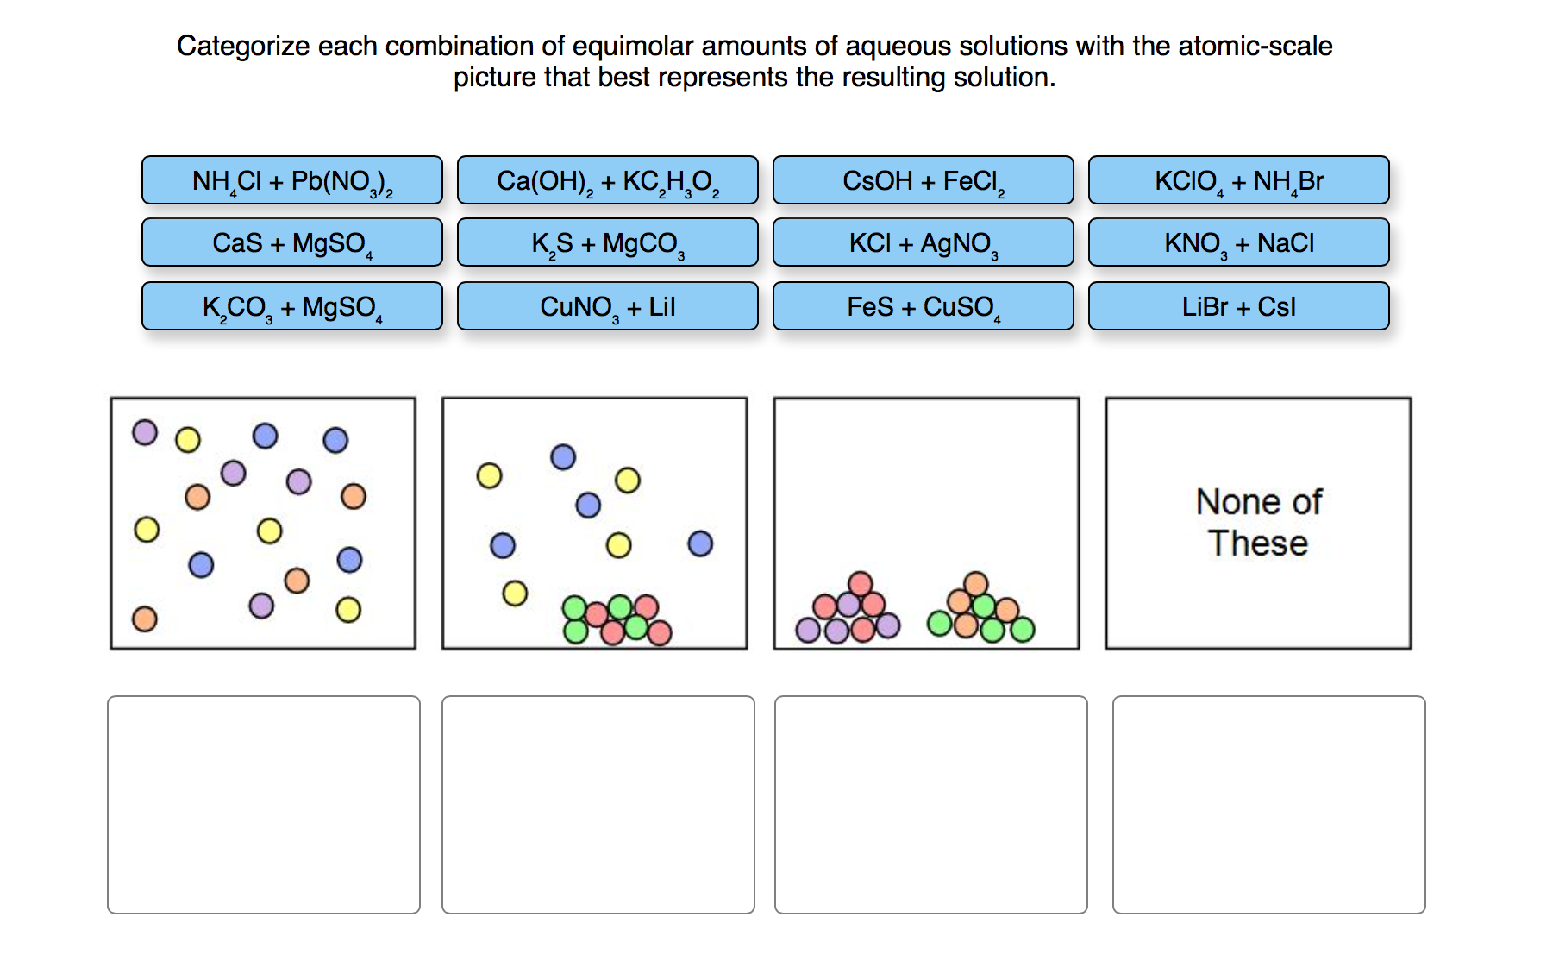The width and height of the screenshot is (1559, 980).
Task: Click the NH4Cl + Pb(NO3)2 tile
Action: point(292,180)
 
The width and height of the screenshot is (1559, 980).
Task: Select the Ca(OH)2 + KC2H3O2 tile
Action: point(608,180)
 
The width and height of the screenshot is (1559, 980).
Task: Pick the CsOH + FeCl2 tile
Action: point(924,180)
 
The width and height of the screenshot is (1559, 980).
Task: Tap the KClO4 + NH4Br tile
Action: point(1239,180)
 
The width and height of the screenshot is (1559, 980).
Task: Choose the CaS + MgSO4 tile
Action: point(292,242)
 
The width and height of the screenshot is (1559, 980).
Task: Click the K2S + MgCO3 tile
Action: point(608,242)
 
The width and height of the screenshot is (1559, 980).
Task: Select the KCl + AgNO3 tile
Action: point(924,242)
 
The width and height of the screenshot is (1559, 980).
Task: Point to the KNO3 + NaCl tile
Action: point(1239,242)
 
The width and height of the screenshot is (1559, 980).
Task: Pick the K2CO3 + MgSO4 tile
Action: point(292,306)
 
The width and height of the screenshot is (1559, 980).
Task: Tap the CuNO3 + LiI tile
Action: point(608,306)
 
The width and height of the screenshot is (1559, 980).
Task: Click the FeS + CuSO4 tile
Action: point(924,306)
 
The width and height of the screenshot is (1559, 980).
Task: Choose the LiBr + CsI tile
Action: point(1239,306)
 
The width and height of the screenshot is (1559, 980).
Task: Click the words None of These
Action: point(1259,523)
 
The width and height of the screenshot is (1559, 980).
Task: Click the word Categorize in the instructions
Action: point(242,47)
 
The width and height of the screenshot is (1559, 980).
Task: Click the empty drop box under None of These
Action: point(1269,805)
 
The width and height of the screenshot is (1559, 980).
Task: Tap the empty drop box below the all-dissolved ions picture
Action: point(264,805)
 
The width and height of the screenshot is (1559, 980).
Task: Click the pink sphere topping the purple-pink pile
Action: point(860,584)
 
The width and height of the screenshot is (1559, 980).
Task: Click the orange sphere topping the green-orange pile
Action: point(976,584)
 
